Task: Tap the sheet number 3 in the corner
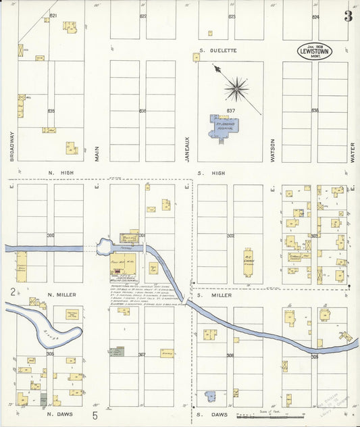[348, 16]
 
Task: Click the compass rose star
[236, 86]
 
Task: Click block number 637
[230, 111]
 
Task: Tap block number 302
[230, 236]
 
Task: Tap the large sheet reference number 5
[95, 414]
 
